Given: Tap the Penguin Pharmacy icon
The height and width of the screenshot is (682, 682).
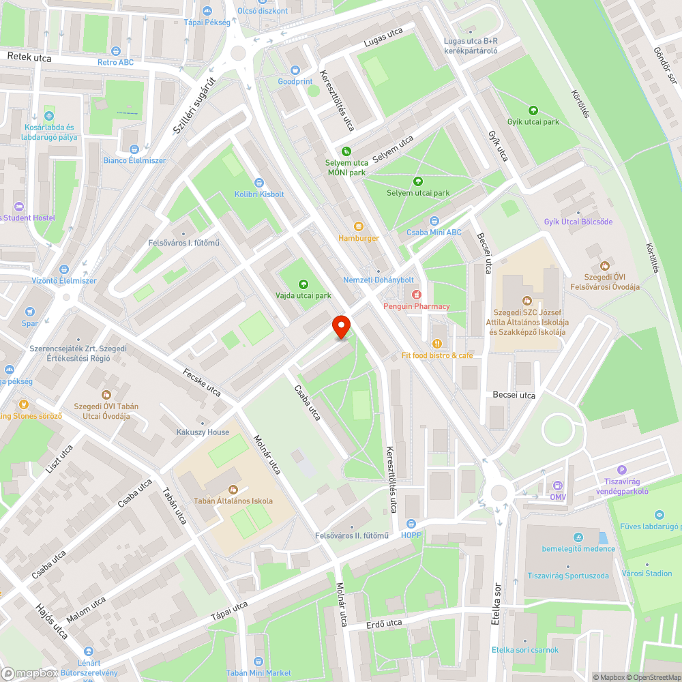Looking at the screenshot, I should coord(415,294).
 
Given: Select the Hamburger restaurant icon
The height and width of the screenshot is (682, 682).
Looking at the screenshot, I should coord(359,226).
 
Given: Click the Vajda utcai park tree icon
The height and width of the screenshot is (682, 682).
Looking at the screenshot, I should coord(303,284).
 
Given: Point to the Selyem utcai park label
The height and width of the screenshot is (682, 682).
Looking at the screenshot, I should coord(418,193).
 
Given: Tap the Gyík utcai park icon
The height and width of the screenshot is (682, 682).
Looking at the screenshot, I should coord(533,110).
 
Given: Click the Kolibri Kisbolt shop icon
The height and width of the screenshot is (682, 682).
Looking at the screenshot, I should coord(258,182).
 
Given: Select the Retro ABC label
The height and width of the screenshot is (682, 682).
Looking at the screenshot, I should coord(115,62).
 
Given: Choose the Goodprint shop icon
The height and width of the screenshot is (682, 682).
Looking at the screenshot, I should coord(295,70).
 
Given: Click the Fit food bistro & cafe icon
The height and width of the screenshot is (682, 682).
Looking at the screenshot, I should coord(436,343).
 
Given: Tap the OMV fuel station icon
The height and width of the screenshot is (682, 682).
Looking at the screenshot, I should coord(559,485).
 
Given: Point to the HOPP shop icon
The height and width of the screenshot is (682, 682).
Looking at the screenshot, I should coord(411,523).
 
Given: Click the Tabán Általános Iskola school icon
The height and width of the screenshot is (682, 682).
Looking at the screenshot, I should coord(233,489).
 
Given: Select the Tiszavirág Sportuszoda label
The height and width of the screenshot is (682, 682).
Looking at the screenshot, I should coord(567,576).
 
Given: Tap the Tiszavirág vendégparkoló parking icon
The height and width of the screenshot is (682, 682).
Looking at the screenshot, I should coord(621,469).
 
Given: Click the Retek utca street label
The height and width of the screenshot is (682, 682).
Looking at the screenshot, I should coord(29,58).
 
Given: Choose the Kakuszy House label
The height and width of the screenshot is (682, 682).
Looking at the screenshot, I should coord(203,432).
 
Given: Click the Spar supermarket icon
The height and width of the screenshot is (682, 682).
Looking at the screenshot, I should coord(30,312).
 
